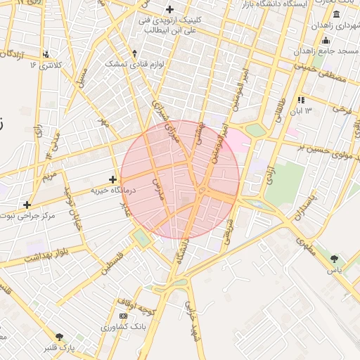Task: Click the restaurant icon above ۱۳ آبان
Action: click(302, 100)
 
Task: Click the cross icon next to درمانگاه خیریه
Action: click(112, 180)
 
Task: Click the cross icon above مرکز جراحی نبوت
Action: click(27, 205)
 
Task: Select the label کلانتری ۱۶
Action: click(46, 65)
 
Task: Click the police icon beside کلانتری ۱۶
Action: click(46, 54)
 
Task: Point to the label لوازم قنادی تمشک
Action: click(134, 63)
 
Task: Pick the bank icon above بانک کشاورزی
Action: click(124, 316)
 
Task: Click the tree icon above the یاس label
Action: click(334, 259)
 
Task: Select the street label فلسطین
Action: click(110, 264)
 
